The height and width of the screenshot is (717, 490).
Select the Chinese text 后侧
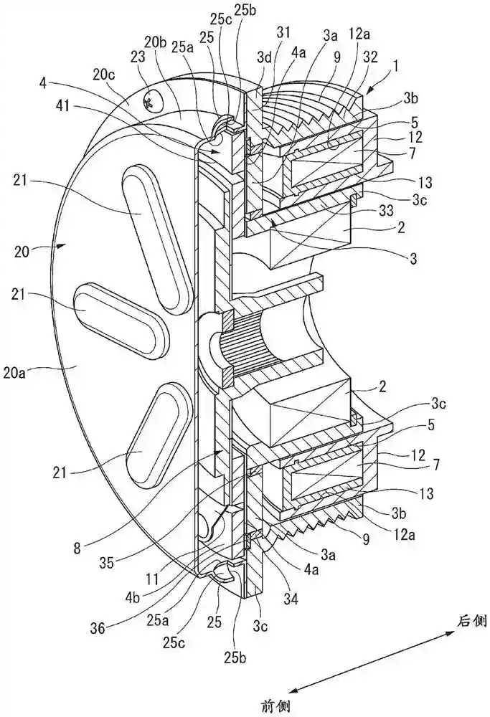pyautogui.click(x=473, y=617)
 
